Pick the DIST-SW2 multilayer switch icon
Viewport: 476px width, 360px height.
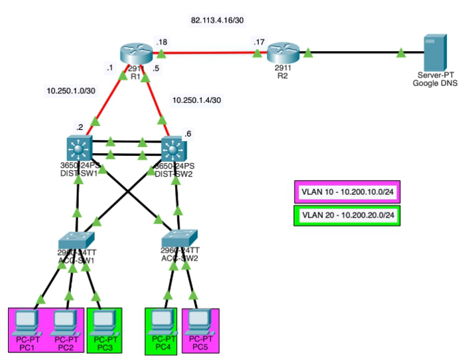coord(176,148)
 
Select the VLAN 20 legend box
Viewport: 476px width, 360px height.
coord(345,215)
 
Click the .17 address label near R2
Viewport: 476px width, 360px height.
coord(259,42)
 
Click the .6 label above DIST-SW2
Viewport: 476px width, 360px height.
coord(188,133)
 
